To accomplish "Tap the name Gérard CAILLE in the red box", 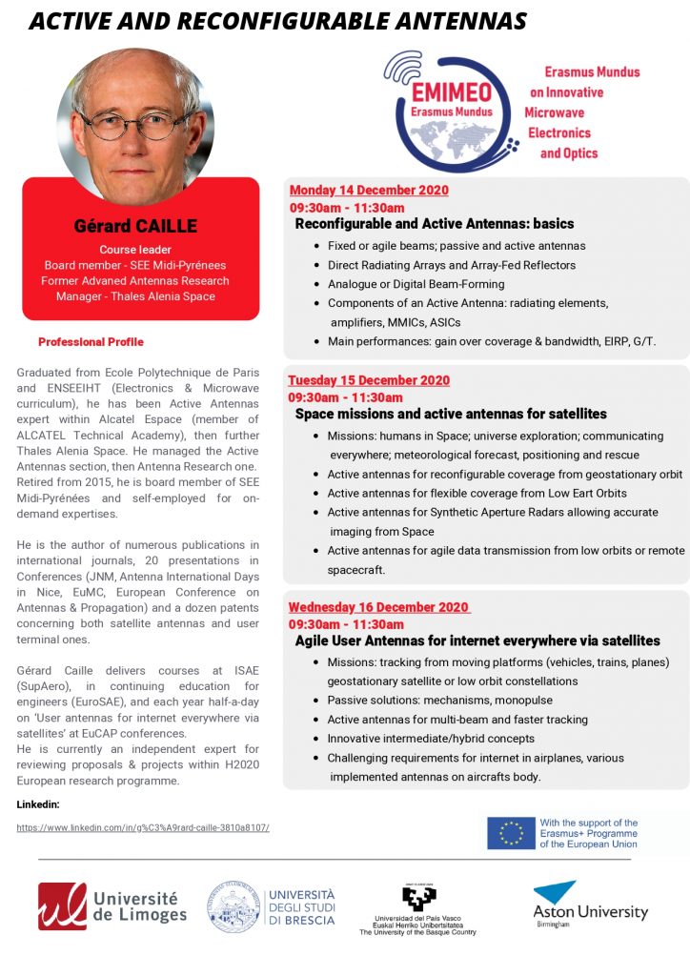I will [x=135, y=227].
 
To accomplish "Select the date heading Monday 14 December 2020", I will [x=369, y=190].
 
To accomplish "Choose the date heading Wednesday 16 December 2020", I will [x=378, y=607].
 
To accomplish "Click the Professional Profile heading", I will [x=91, y=342].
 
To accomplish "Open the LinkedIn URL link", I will [x=143, y=827].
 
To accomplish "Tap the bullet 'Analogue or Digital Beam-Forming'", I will [x=416, y=284].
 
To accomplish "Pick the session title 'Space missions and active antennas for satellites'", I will [x=451, y=415].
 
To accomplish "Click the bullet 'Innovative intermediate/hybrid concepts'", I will [x=431, y=739].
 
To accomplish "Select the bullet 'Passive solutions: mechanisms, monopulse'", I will [x=439, y=701].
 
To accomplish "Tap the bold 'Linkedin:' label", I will [x=38, y=804].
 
